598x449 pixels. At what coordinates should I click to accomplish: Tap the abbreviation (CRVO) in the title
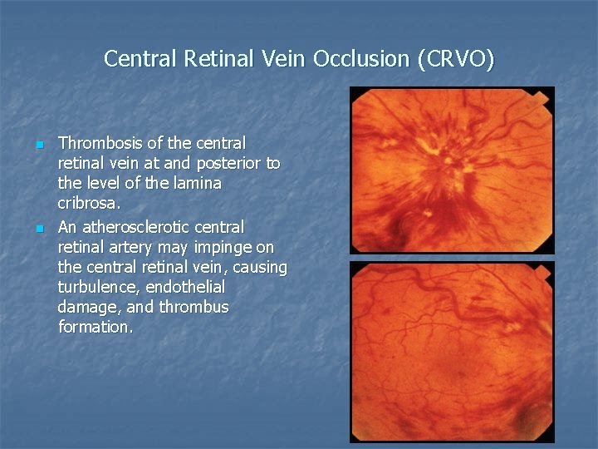(456, 59)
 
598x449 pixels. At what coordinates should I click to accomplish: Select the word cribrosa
(87, 203)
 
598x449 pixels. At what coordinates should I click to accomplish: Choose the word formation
(94, 327)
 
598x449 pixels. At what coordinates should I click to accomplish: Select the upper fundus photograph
(451, 170)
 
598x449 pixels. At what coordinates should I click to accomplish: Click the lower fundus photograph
(451, 352)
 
